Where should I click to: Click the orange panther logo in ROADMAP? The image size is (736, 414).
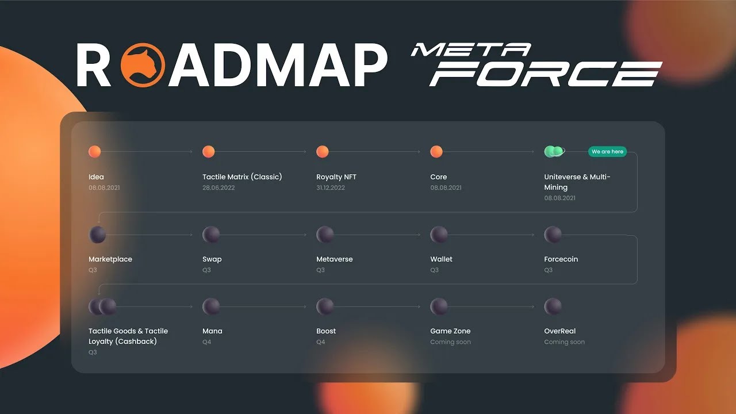tap(143, 65)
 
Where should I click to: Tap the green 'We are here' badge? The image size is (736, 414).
tap(607, 152)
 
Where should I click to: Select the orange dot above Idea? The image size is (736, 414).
tap(95, 152)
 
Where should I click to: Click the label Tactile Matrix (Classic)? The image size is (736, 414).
tap(242, 177)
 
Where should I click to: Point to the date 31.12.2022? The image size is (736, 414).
tap(331, 188)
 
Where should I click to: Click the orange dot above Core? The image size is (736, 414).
tap(436, 152)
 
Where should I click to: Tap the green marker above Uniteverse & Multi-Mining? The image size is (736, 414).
tap(554, 151)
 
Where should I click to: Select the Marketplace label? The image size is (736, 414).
tap(110, 259)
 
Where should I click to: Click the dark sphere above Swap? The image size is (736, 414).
tap(211, 235)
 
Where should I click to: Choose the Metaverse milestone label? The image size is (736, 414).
tap(335, 259)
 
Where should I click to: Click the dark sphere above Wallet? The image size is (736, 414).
tap(439, 235)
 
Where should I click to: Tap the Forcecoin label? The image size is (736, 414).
tap(561, 259)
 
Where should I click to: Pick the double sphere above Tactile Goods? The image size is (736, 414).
tap(102, 306)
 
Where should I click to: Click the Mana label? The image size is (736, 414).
tap(212, 331)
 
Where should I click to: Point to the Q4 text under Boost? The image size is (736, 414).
tap(321, 342)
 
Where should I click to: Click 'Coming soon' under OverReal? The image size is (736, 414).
tap(564, 342)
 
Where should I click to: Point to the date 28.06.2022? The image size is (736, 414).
tap(218, 188)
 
